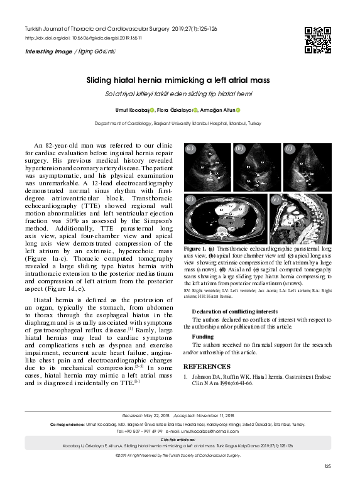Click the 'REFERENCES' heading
click(x=207, y=367)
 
